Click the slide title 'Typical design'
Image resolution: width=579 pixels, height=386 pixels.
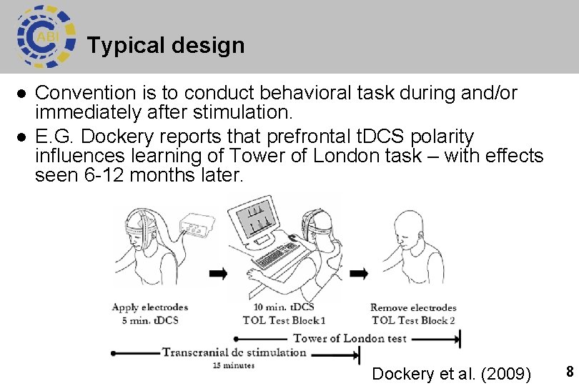point(166,46)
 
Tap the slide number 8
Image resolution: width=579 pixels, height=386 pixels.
point(570,372)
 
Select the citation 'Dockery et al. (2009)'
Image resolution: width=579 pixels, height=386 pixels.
point(451,374)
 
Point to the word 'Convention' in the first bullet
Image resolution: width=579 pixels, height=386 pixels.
point(85,93)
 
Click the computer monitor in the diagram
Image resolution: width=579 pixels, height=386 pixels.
point(259,217)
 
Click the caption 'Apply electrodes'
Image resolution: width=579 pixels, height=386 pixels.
point(149,307)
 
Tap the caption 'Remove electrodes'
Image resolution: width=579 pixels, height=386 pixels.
point(413,307)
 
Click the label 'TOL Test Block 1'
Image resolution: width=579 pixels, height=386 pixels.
point(284,320)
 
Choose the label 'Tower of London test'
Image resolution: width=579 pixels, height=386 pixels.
point(350,338)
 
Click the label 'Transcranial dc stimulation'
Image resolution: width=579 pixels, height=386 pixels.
point(234,352)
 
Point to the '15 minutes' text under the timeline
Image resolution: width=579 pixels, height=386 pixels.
point(233,365)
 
